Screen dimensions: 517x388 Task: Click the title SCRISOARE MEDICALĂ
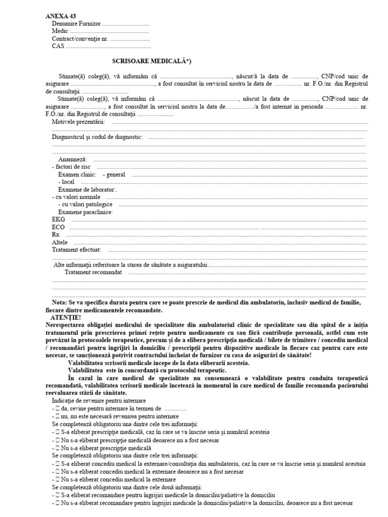pos(151,61)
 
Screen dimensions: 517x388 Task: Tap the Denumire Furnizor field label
pos(76,24)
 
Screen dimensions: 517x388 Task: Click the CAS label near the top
pos(58,46)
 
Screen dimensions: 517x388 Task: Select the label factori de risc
pos(73,167)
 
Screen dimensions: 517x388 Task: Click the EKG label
pos(59,220)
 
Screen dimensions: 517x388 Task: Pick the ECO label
pos(59,227)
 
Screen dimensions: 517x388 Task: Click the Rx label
pos(56,235)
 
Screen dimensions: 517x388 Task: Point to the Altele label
pos(60,242)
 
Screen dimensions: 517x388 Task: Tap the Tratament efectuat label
pos(77,249)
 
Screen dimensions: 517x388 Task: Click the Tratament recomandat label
pos(93,272)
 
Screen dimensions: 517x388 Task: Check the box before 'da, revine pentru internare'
pos(58,409)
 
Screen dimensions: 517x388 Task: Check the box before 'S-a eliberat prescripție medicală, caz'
pos(58,432)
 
